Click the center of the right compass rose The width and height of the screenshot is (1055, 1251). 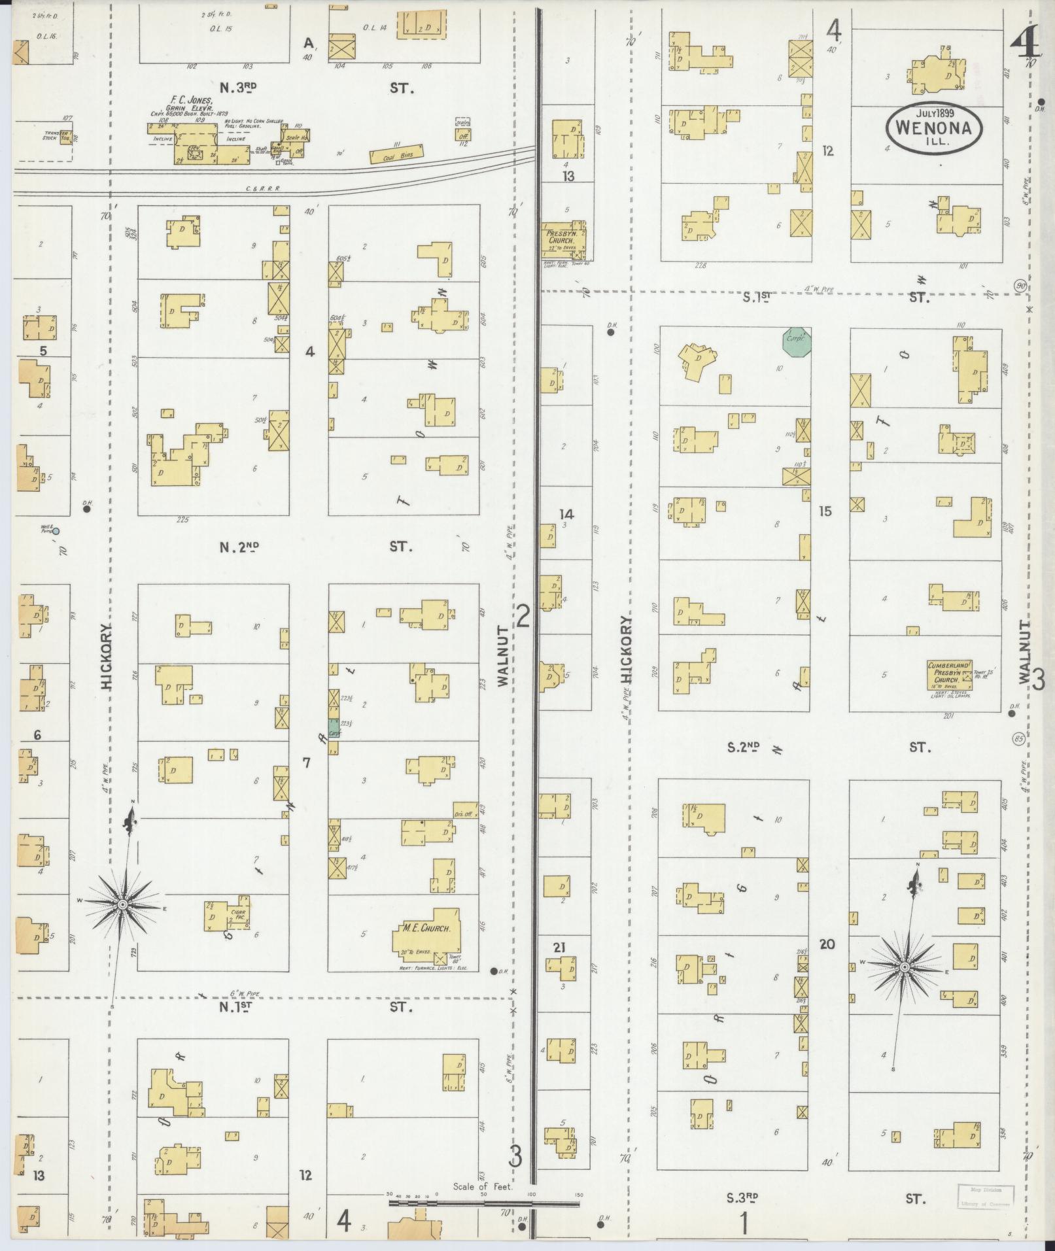click(x=904, y=967)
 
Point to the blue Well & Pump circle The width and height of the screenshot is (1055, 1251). click(x=56, y=532)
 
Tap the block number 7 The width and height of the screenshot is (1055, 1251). click(x=306, y=762)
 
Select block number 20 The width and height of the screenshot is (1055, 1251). click(x=827, y=944)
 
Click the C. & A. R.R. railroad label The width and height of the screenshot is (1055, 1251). click(x=263, y=189)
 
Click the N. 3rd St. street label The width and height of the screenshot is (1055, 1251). click(x=237, y=88)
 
